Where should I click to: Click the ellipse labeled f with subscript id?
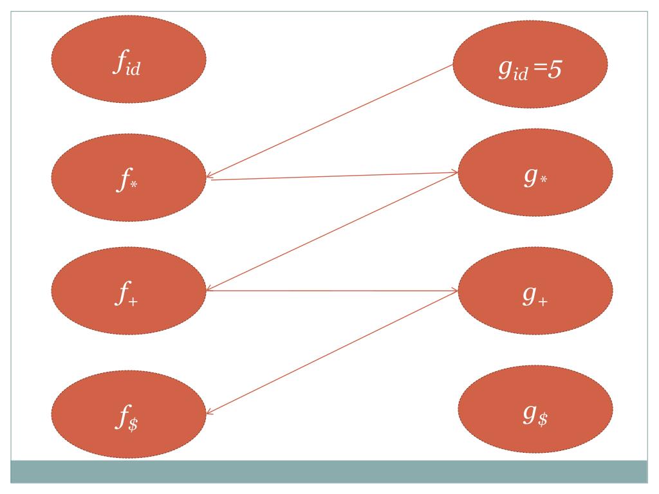click(128, 59)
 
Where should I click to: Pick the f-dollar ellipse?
click(128, 412)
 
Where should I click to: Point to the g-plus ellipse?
click(535, 291)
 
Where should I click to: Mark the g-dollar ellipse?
click(535, 410)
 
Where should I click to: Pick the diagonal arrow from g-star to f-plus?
click(331, 232)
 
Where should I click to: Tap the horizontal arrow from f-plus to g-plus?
click(331, 291)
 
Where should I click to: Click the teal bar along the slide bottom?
click(328, 471)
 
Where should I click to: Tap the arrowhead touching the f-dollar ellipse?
click(210, 414)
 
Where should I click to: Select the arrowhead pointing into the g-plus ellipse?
click(454, 291)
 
